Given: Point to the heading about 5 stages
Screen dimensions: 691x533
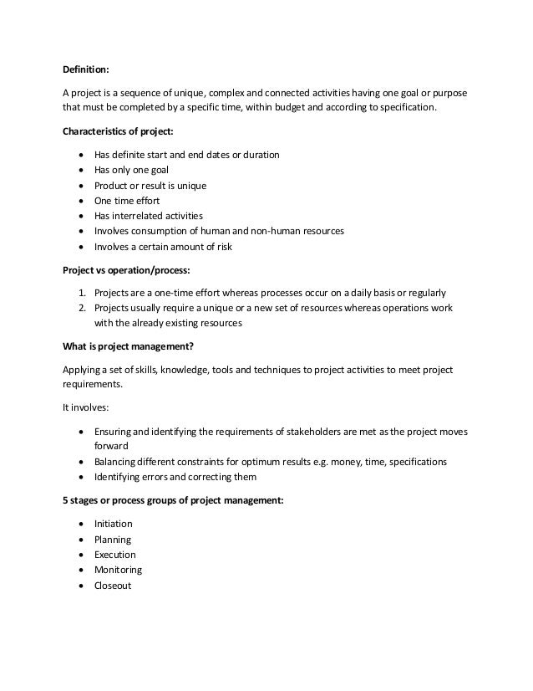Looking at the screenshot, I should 174,501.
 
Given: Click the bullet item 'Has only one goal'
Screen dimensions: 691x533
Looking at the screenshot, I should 131,170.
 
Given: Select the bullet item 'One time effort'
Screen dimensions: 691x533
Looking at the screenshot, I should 126,201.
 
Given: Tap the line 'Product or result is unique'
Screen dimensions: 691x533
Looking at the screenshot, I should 150,185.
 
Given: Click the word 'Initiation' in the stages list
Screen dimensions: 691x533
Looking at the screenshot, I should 114,524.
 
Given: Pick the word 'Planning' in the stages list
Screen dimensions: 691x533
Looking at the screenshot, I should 113,540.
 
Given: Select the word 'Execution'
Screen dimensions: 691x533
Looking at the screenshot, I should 114,555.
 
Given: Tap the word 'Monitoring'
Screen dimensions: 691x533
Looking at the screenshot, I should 118,570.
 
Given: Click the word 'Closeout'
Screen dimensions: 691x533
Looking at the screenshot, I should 113,586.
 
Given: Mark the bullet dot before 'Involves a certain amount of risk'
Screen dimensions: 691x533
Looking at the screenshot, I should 79,247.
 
